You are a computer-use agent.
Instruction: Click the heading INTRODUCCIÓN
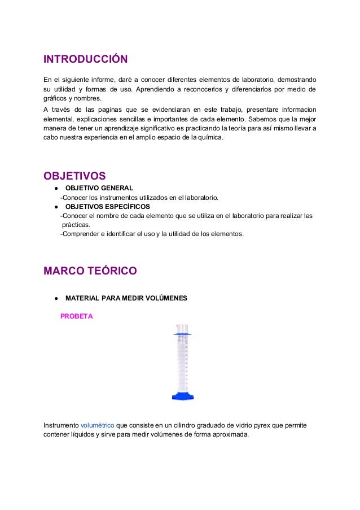click(x=86, y=59)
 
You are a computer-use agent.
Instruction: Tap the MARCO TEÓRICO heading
click(x=90, y=271)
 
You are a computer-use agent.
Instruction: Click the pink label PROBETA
click(x=76, y=316)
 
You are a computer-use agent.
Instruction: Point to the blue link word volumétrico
click(x=97, y=425)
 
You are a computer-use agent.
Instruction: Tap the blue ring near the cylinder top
click(x=182, y=335)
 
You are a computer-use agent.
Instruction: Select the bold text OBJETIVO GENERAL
click(x=99, y=188)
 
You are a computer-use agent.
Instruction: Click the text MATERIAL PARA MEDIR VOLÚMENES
click(x=126, y=298)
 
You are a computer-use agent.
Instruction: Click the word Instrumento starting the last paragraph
click(x=61, y=425)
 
